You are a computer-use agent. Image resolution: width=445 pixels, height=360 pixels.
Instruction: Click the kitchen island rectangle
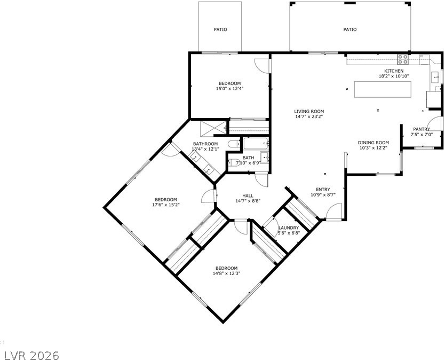point(383,90)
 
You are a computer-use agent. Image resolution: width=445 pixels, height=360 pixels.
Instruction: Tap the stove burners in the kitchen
point(403,59)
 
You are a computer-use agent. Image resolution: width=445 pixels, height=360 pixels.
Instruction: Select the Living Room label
point(309,112)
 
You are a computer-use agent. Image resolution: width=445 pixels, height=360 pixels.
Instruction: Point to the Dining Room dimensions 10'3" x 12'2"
point(373,148)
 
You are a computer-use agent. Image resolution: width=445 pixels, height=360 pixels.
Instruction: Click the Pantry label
point(422,129)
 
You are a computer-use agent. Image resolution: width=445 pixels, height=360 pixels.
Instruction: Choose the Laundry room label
point(289,228)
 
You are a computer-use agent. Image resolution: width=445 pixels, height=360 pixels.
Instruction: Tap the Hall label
point(248,196)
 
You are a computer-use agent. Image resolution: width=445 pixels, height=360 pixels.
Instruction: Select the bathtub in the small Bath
point(256,143)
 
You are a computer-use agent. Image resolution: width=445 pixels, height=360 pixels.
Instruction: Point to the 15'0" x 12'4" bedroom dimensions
point(230,89)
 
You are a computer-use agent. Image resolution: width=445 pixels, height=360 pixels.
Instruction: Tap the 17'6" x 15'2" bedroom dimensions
point(166,205)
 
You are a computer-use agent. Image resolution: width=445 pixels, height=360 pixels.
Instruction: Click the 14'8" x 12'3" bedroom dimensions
point(226,273)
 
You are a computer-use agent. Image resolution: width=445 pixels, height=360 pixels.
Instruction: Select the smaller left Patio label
point(220,29)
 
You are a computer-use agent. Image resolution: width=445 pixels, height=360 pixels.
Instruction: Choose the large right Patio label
point(350,29)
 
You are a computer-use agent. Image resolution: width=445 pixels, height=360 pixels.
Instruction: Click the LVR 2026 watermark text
point(29,355)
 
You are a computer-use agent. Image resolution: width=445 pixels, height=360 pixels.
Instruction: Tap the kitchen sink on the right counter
point(435,77)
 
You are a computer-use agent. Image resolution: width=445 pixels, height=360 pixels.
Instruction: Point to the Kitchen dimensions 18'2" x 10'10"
point(394,76)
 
